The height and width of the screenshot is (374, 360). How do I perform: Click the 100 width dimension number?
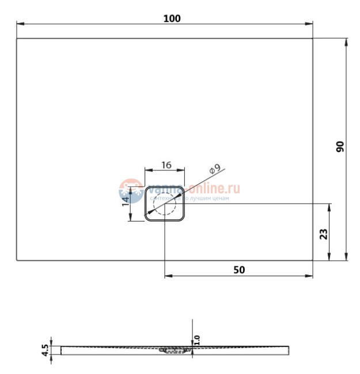point(172,18)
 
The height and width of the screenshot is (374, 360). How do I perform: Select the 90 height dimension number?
point(340,147)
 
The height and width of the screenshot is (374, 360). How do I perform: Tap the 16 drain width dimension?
point(166,165)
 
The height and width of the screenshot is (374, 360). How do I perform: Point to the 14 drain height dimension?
point(126,200)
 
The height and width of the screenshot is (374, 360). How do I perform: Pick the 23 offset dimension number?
point(323,234)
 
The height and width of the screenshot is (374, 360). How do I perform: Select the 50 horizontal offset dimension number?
point(239,269)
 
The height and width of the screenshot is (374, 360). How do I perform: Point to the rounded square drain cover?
point(165,203)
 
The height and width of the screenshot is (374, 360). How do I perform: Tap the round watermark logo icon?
point(131,190)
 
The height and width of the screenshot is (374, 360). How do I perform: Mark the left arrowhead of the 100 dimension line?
point(19,24)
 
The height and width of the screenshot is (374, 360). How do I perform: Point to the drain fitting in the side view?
point(173,349)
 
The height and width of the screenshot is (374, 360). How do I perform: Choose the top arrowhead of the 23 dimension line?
point(330,207)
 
